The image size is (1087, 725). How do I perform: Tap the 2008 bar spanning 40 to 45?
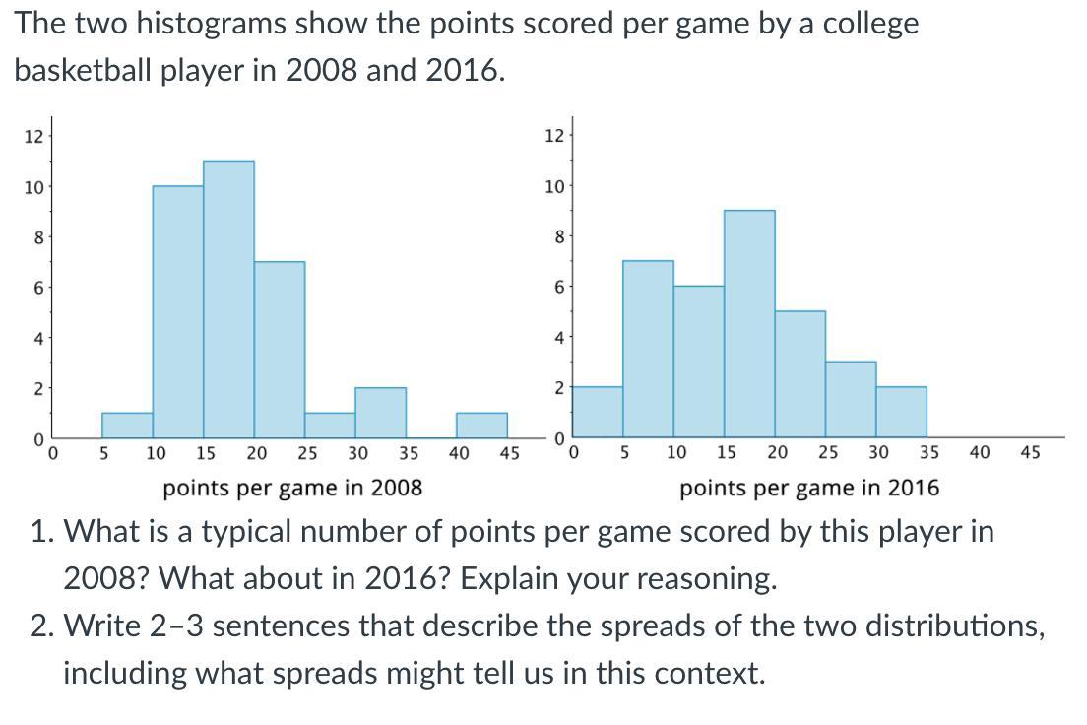(481, 426)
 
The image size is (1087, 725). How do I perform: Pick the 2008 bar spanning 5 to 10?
(127, 426)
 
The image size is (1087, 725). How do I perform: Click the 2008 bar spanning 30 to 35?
(380, 413)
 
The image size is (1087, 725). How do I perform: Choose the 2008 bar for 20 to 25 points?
(280, 350)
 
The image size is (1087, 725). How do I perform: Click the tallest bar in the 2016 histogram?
(749, 324)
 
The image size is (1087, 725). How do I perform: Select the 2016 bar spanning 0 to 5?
(598, 413)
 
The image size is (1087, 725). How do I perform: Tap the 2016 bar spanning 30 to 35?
(901, 413)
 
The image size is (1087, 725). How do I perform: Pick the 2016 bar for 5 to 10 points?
(648, 349)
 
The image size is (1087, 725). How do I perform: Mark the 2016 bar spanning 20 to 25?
(799, 374)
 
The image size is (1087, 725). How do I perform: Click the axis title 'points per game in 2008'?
(292, 488)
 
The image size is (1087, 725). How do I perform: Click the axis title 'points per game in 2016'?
(809, 488)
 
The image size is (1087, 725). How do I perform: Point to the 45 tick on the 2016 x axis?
(1030, 453)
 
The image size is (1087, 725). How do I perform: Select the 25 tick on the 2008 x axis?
(307, 453)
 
